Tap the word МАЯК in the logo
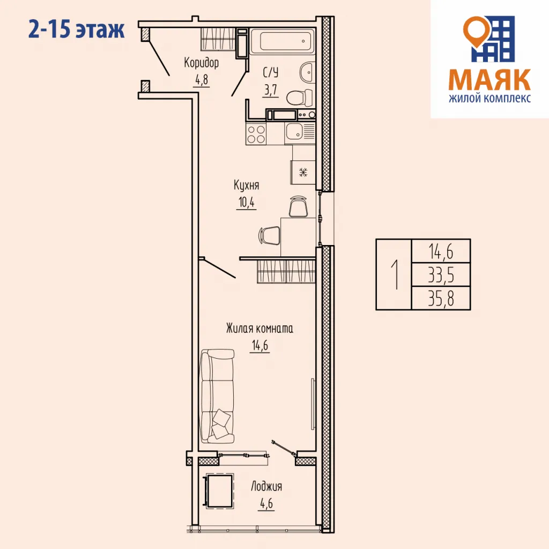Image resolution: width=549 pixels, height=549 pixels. [x=489, y=80]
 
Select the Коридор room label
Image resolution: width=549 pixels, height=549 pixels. [x=201, y=63]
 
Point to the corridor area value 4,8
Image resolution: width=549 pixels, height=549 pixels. [x=201, y=80]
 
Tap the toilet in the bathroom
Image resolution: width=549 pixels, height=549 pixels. [x=299, y=97]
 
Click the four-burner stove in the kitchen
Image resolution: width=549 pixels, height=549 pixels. [x=256, y=133]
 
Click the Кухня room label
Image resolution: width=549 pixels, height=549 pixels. [x=246, y=186]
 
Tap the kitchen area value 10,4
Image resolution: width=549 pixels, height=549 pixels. [x=246, y=203]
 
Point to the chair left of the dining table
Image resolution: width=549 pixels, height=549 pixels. [x=270, y=235]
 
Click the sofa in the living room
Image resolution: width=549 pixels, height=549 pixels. [x=217, y=396]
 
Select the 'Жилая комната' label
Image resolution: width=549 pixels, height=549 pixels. [x=259, y=329]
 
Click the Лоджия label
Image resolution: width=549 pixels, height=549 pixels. [x=266, y=487]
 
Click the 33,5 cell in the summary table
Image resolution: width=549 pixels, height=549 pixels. [x=441, y=274]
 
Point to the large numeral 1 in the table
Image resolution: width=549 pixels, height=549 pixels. [x=395, y=274]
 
